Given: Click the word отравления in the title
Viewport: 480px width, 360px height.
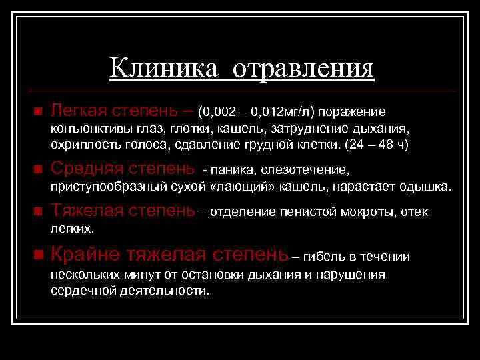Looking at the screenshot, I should click(x=299, y=68).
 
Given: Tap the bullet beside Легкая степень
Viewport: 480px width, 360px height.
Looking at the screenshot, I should click(x=37, y=110).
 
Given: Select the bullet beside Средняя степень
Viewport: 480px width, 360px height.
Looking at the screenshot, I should click(x=37, y=168).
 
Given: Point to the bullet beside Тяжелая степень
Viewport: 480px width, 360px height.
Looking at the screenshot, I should click(x=37, y=212).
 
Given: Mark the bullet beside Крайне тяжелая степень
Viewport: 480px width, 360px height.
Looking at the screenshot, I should click(x=37, y=256).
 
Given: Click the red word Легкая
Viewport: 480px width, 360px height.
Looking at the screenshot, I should click(x=79, y=109).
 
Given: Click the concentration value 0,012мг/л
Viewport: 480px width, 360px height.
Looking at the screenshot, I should click(x=273, y=111).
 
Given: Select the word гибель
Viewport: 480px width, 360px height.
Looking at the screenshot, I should click(x=329, y=257).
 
